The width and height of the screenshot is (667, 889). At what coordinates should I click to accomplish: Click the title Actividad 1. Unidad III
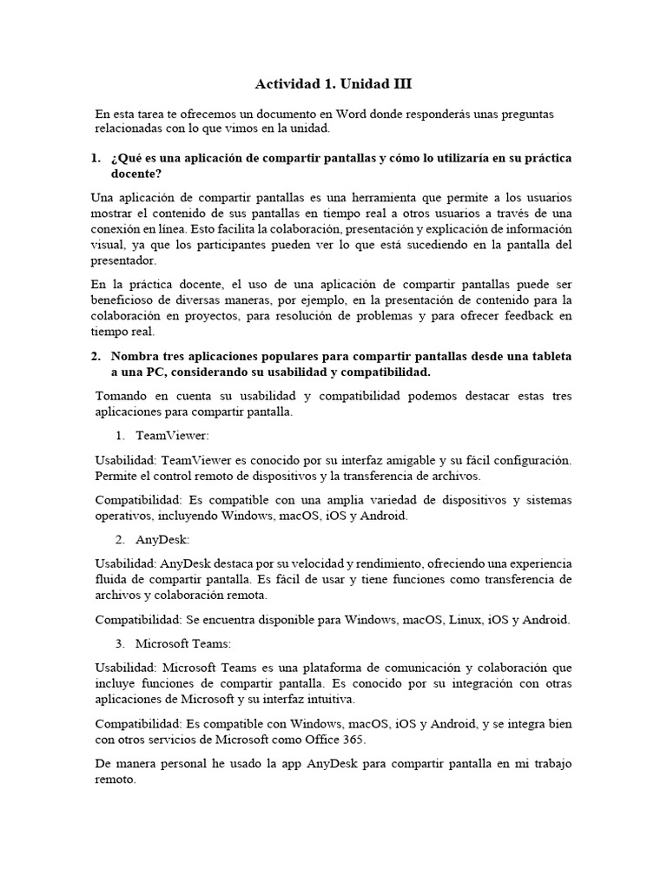click(333, 84)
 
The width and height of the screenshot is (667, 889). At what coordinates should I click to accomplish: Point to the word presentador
click(123, 260)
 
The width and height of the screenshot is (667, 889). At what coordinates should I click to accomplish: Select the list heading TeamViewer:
click(173, 435)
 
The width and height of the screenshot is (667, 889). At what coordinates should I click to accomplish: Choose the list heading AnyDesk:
click(162, 539)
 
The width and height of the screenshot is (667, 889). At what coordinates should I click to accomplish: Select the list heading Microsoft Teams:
click(182, 644)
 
